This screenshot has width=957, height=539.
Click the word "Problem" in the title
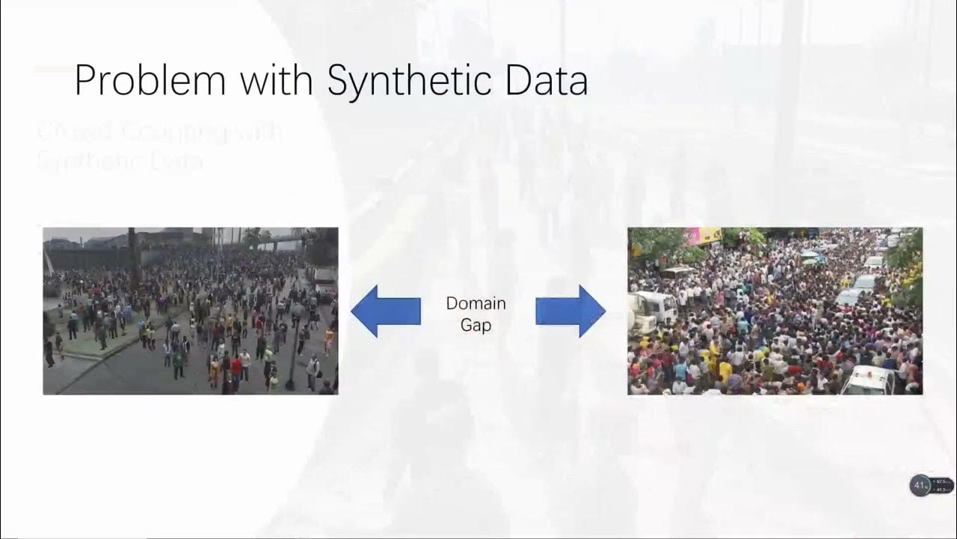(x=150, y=81)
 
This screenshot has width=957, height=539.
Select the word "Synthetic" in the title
(x=410, y=81)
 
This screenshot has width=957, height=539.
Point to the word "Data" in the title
(x=546, y=81)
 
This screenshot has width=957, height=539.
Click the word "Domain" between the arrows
(x=476, y=303)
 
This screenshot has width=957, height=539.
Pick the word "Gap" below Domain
(x=476, y=326)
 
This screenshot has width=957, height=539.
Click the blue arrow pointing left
(x=385, y=311)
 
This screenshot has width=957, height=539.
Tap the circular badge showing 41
(x=920, y=485)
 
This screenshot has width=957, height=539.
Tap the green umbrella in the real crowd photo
(x=809, y=255)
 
